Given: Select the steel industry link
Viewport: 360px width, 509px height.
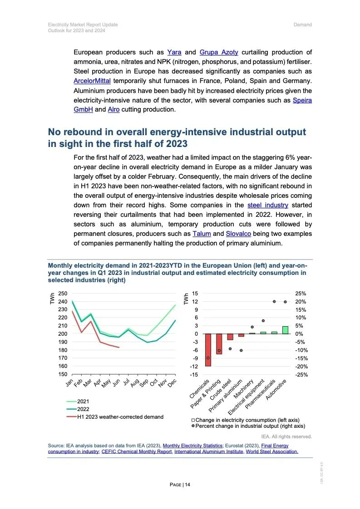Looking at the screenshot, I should [x=268, y=205].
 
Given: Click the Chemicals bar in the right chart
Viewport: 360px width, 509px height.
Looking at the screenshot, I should [x=208, y=350].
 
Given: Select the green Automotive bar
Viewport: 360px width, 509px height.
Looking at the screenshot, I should [x=285, y=330].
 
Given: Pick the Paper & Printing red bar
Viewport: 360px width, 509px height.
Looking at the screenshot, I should [x=219, y=344].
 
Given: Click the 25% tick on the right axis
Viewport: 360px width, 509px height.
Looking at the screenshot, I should [x=300, y=294].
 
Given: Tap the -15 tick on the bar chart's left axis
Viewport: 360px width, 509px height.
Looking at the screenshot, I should [x=195, y=374].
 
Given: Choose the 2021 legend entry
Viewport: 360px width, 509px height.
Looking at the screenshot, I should [x=83, y=401].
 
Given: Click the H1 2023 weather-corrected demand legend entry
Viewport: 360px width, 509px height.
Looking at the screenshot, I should [x=120, y=416].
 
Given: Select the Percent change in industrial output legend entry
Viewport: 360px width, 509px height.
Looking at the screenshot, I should [x=250, y=426].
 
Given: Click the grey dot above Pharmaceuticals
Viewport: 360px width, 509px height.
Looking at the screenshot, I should [x=274, y=302].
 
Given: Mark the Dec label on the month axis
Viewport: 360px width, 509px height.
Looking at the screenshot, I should [x=172, y=384].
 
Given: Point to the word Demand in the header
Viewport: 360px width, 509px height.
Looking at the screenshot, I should [x=303, y=24].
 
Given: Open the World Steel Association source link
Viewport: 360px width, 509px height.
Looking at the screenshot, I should [x=272, y=452].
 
